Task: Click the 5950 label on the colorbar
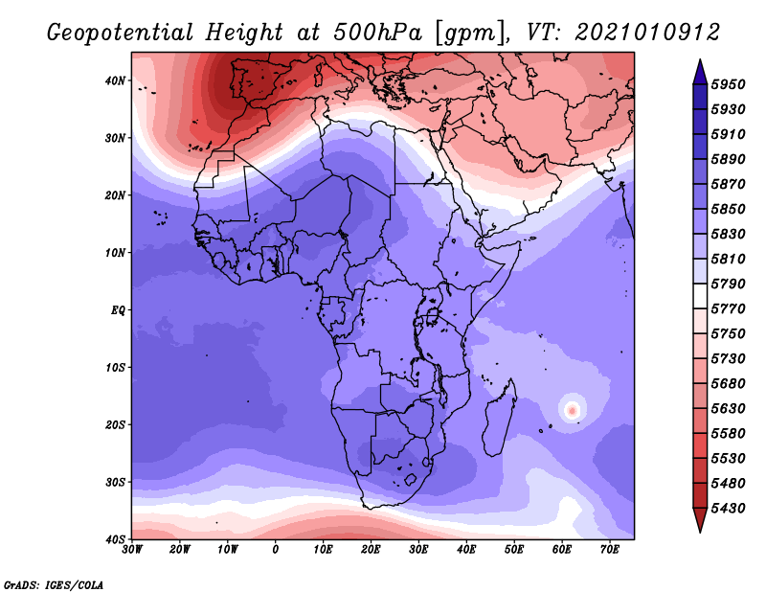[x=728, y=84]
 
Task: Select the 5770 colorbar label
[x=728, y=308]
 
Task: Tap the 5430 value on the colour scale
[x=728, y=508]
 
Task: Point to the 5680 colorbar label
[x=728, y=383]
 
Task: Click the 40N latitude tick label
[x=115, y=80]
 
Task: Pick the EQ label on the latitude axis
[x=118, y=310]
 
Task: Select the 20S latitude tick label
[x=115, y=424]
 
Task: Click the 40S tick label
[x=115, y=539]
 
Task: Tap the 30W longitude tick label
[x=132, y=550]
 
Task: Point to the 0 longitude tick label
[x=276, y=550]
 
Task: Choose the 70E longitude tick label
[x=610, y=550]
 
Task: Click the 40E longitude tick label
[x=466, y=550]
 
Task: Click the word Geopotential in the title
[x=121, y=33]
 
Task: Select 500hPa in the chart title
[x=377, y=33]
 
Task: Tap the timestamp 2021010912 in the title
[x=647, y=33]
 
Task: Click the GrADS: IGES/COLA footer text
[x=54, y=584]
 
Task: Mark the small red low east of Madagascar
[x=572, y=409]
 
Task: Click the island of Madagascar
[x=499, y=418]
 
